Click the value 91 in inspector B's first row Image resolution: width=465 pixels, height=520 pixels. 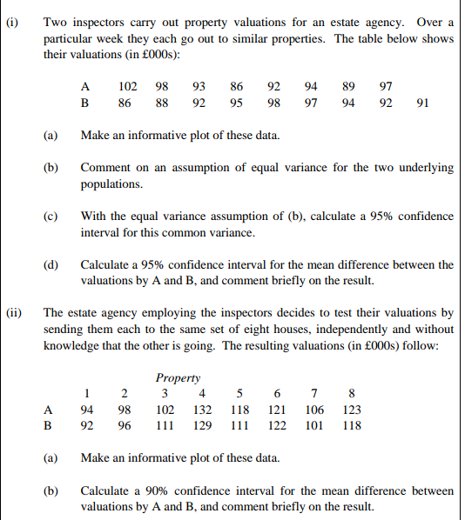pos(422,103)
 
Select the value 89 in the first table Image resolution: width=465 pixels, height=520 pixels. pos(348,86)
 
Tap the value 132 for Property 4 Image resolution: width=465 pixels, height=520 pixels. pos(202,410)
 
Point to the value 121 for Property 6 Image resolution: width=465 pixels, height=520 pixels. pos(277,410)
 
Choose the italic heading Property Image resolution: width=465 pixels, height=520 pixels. pos(178,378)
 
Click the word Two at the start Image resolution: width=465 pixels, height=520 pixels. pos(55,20)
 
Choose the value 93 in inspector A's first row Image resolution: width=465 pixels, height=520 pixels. pos(199,86)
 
